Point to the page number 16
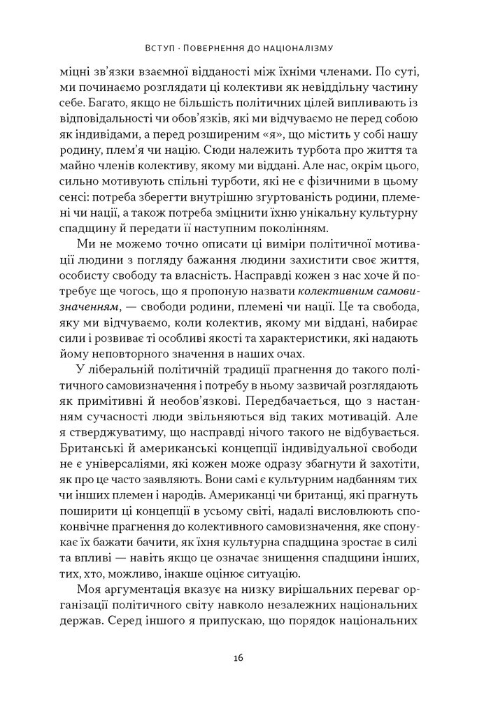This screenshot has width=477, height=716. (239, 657)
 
